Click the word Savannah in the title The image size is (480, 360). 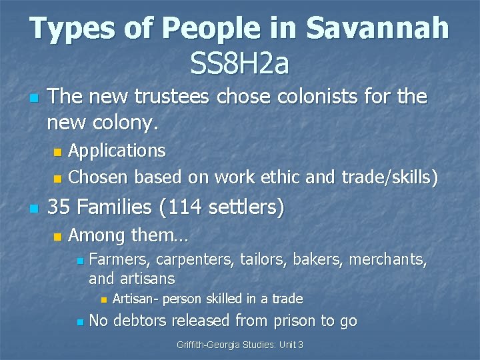click(377, 29)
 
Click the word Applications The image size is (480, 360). click(117, 151)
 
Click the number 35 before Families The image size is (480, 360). click(59, 207)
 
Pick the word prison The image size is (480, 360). click(292, 321)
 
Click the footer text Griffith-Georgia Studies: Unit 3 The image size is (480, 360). click(240, 345)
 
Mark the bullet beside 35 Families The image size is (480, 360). click(33, 209)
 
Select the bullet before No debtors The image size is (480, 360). click(79, 322)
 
